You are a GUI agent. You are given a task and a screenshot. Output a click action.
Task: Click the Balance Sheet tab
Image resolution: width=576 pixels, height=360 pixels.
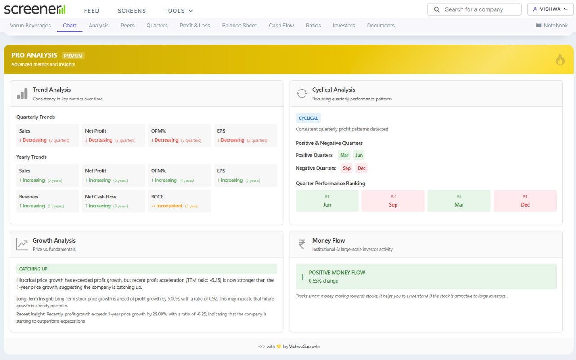239,26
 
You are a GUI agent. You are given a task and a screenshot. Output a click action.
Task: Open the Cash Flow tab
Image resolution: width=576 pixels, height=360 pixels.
281,26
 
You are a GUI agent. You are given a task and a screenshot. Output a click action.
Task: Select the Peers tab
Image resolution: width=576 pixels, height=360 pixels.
127,26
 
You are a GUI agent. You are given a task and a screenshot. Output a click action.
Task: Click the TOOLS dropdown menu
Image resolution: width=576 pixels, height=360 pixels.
179,11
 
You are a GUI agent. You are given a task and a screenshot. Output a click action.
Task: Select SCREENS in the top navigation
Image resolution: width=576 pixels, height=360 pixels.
132,11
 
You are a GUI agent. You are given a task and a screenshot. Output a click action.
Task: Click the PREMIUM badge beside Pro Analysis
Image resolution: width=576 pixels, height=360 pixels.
73,56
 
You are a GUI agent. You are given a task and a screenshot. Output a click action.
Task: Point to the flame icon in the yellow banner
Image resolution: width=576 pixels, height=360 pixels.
560,59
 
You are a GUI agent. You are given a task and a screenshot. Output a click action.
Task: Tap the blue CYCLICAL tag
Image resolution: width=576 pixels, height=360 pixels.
308,118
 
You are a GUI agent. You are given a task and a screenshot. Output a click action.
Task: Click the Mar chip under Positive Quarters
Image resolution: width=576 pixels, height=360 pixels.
344,155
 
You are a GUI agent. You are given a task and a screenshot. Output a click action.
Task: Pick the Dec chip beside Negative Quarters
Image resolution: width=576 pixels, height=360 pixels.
362,168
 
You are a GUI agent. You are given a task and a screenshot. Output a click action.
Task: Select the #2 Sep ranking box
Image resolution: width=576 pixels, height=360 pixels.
393,201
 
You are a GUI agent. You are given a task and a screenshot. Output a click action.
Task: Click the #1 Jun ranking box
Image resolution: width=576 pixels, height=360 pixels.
327,201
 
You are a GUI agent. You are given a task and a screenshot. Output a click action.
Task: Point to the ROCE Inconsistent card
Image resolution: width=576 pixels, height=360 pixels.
180,201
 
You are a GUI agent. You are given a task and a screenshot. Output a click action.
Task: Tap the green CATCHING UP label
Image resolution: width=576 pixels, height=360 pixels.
33,269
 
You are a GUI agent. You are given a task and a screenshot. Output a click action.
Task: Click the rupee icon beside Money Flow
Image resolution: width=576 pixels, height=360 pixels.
301,244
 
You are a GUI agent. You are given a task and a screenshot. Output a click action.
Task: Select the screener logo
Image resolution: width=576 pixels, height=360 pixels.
35,9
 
